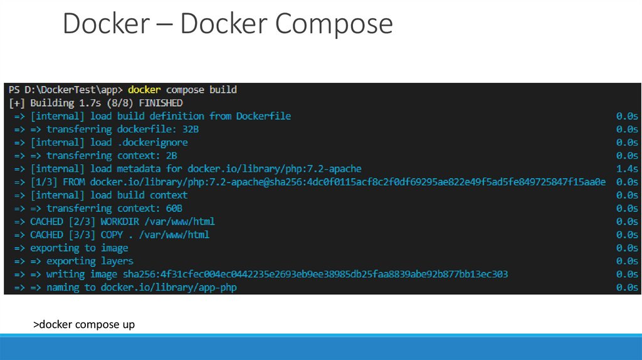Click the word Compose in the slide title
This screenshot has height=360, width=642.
click(334, 24)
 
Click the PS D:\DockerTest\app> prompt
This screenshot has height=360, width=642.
click(66, 90)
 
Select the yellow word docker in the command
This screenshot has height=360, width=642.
click(144, 90)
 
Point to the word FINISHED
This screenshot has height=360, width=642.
click(160, 103)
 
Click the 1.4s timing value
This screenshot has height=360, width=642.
click(627, 169)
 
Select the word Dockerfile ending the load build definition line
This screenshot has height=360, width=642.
click(263, 116)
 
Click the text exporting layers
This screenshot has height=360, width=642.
click(90, 261)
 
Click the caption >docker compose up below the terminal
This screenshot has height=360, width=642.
click(84, 324)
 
